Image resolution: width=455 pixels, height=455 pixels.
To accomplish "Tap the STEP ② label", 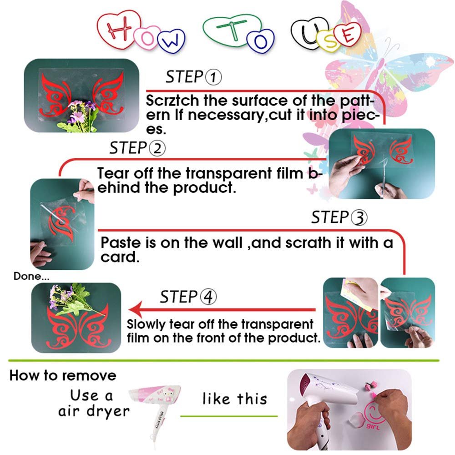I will (x=137, y=148).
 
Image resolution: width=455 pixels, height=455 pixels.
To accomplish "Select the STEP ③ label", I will (x=339, y=218).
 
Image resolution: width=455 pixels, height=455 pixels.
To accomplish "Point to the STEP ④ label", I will (x=188, y=298).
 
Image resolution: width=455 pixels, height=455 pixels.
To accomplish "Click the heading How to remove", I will (x=63, y=376).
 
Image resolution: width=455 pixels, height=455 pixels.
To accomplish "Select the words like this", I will (x=234, y=399).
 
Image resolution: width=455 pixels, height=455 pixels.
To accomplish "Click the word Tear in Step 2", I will (x=112, y=173).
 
